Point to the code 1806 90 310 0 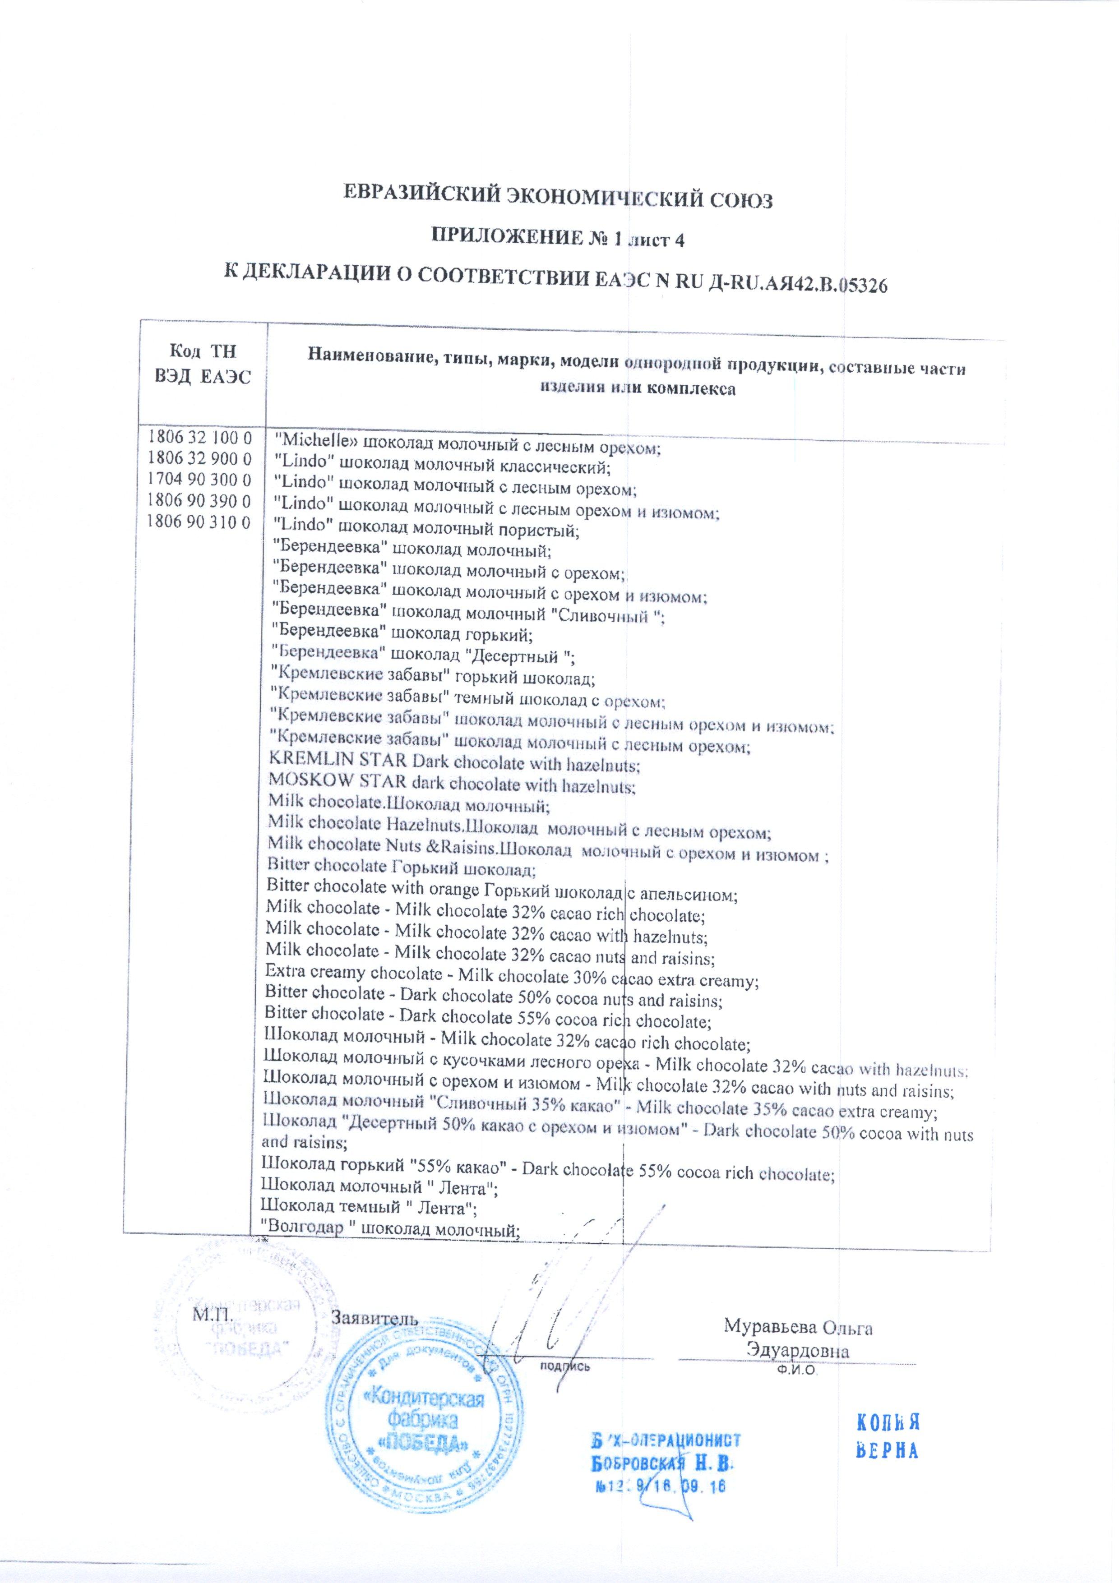coord(199,522)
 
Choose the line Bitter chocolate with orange coord(502,894)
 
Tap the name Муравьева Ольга coord(798,1325)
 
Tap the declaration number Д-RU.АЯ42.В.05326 coord(798,283)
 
